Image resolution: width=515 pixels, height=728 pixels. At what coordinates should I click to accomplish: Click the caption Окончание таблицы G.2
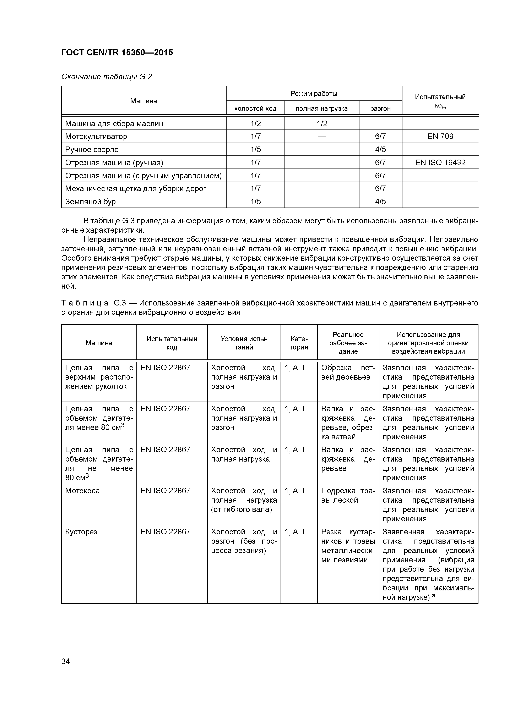(x=106, y=77)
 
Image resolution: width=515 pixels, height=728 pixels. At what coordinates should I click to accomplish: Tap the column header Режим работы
(x=314, y=94)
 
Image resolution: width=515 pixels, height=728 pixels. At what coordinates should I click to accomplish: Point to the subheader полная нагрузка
(x=321, y=109)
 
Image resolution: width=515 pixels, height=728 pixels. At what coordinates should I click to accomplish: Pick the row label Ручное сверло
(x=92, y=150)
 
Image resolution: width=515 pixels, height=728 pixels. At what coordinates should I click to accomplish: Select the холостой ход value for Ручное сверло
(x=255, y=150)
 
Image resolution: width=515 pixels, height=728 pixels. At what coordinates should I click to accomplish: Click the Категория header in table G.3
(x=299, y=343)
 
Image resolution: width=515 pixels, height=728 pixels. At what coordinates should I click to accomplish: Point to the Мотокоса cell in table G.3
(x=82, y=491)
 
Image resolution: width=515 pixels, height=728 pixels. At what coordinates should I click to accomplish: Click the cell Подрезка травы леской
(x=348, y=495)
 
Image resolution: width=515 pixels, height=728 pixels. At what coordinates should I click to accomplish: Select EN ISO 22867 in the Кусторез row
(x=165, y=532)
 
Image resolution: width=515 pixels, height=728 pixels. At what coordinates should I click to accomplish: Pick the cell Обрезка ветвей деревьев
(x=348, y=372)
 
